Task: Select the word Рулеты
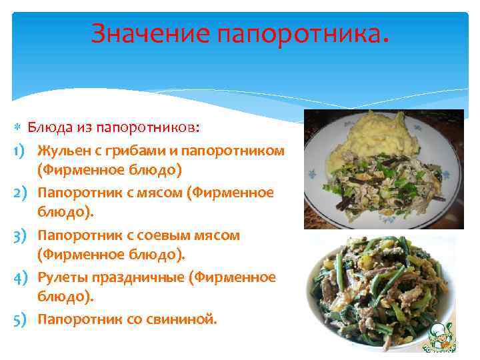click(61, 277)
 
